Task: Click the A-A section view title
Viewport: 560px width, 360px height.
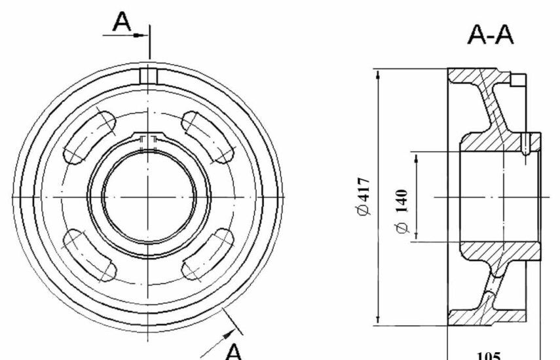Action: click(x=491, y=35)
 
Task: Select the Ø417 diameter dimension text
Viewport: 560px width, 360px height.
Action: click(x=364, y=196)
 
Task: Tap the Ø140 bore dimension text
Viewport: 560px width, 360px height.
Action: click(x=401, y=211)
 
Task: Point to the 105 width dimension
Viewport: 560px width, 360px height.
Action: click(x=489, y=356)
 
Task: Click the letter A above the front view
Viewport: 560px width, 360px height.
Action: click(x=122, y=22)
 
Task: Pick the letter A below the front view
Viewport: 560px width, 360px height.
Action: click(x=234, y=351)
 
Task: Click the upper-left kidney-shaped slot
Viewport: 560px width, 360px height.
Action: click(x=89, y=138)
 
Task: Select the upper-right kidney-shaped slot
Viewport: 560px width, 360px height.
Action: click(x=208, y=137)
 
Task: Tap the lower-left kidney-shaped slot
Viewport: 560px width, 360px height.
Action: click(x=89, y=255)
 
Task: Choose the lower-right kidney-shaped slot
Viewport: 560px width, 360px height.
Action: click(x=208, y=255)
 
